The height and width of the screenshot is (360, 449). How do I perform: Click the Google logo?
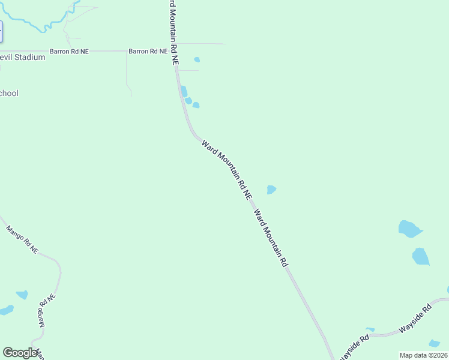coord(20,353)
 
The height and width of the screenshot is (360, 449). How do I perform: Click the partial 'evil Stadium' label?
coord(23,58)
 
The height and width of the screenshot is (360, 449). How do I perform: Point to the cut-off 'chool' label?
coord(10,93)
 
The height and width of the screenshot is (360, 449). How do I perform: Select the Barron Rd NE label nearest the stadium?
coord(69,52)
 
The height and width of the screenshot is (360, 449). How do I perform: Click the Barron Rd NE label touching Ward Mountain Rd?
coord(148,52)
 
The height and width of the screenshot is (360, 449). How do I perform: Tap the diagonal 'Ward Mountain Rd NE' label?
coord(227,170)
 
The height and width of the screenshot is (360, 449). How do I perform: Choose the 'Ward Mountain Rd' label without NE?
coord(271,238)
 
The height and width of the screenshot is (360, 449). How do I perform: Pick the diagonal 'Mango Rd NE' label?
coord(22,238)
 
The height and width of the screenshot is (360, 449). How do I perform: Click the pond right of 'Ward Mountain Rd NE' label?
coord(271,190)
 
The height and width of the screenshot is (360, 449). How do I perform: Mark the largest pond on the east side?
coord(409,229)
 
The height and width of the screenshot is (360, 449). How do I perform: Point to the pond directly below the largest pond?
coord(421,256)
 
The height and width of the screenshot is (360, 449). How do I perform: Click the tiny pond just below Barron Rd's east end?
coord(197,59)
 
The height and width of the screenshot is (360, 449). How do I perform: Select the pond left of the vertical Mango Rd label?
coord(22,295)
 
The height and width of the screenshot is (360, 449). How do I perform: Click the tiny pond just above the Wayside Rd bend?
coord(370,329)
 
